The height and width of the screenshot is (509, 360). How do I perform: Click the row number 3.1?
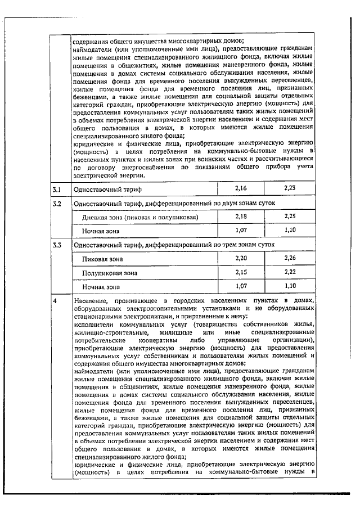[x=56, y=188]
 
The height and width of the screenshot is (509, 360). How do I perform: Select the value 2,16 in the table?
[x=241, y=187]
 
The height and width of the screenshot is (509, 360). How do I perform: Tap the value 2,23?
[x=290, y=187]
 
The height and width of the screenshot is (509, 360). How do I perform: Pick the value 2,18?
[x=241, y=216]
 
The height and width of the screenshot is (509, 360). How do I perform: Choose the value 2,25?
[x=290, y=216]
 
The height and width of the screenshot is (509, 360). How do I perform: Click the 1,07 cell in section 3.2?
[x=241, y=230]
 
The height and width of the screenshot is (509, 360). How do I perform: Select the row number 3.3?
[x=56, y=245]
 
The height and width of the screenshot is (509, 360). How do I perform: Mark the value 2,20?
[x=241, y=258]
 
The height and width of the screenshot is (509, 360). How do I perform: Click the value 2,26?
[x=290, y=258]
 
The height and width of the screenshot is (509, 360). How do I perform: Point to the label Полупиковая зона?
[x=110, y=273]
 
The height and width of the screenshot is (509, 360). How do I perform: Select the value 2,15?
[x=241, y=272]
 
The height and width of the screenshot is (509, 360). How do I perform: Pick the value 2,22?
[x=290, y=272]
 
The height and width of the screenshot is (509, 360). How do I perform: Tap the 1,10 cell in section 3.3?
[x=290, y=286]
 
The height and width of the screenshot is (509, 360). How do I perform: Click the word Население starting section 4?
[x=91, y=302]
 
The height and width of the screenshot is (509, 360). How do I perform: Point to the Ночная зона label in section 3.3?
[x=101, y=287]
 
